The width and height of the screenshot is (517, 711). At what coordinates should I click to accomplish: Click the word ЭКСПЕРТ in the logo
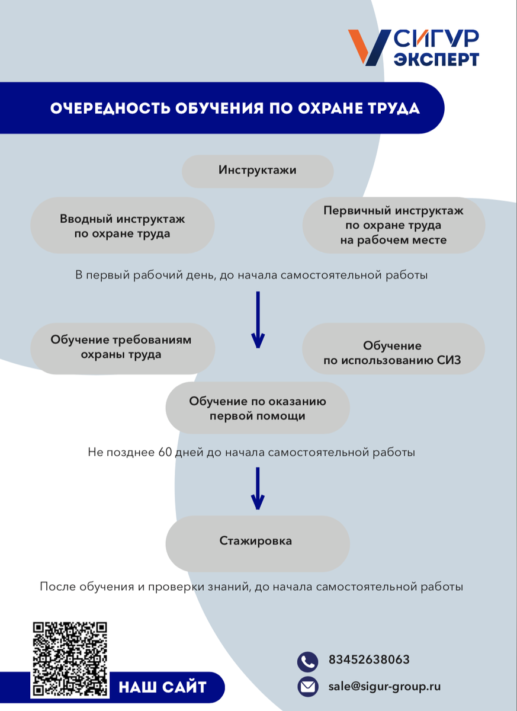436,59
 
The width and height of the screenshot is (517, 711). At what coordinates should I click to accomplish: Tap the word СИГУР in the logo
436,39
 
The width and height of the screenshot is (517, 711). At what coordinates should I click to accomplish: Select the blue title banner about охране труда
235,108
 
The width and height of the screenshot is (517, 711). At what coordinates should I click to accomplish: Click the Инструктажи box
258,171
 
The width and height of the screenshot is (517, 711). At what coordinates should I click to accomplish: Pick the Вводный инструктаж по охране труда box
122,226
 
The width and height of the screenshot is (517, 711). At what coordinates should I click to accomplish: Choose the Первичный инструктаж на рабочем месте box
393,225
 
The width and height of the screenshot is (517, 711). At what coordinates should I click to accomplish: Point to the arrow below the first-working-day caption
258,320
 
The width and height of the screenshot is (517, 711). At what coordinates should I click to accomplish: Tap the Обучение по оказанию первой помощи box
258,409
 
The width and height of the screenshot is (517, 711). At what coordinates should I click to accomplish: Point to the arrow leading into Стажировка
258,489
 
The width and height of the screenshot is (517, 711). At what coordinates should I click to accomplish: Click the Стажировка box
258,541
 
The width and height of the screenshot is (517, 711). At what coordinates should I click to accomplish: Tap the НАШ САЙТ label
162,687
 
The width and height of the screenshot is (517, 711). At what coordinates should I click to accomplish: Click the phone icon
307,661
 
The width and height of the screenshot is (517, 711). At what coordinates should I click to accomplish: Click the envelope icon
307,686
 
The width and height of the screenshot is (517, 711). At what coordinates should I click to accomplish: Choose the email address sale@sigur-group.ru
384,687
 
